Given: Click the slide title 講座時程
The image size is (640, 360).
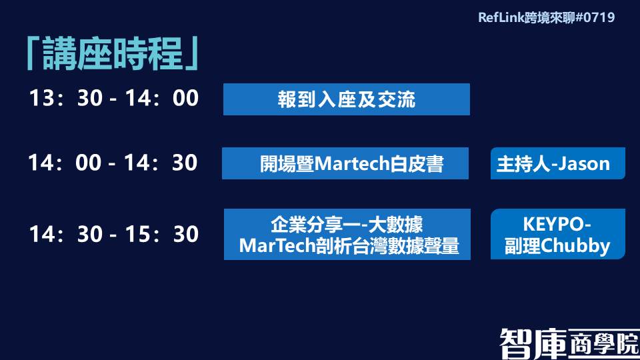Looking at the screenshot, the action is click(112, 53).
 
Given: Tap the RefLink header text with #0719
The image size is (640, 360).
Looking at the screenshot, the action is click(546, 17).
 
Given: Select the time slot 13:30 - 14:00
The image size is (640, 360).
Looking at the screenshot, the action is click(114, 99).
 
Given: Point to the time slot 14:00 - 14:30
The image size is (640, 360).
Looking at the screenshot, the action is click(113, 163).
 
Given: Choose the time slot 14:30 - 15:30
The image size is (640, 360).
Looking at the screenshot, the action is click(114, 234).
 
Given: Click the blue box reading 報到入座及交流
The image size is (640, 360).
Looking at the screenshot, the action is click(347, 99).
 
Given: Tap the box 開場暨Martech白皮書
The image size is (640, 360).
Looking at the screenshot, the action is click(345, 163).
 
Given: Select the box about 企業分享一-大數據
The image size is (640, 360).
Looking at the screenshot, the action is click(347, 234).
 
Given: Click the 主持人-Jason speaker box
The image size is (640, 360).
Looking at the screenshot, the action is click(558, 163).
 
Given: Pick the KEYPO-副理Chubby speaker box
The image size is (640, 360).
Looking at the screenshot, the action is click(558, 234).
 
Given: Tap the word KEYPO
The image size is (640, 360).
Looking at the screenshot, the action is click(554, 224).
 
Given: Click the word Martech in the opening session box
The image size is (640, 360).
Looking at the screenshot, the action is click(352, 164).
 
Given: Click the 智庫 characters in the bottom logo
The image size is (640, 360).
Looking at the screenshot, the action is click(533, 343).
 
